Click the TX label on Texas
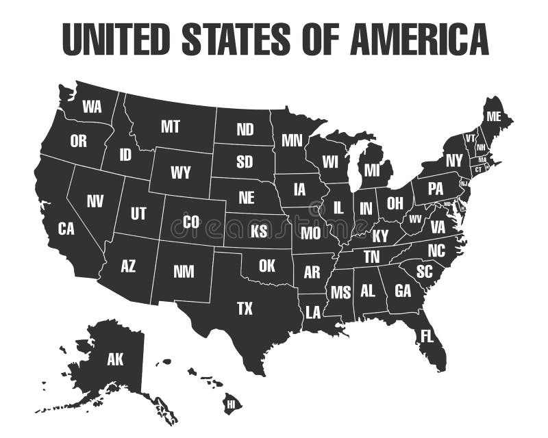point(245,309)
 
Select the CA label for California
point(66,229)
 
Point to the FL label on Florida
point(427,336)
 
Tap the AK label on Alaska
point(115,359)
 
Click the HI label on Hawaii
point(231,404)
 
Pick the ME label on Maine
point(493,116)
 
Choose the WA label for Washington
point(92,106)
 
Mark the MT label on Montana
point(171,126)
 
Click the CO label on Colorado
point(191,222)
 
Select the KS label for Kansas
point(259,231)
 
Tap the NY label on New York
point(454,161)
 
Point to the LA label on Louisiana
point(313,313)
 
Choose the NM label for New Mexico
point(184,271)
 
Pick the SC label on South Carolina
point(424,271)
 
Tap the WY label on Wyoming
point(181,172)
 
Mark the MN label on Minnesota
point(292,140)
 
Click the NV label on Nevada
point(95,201)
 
